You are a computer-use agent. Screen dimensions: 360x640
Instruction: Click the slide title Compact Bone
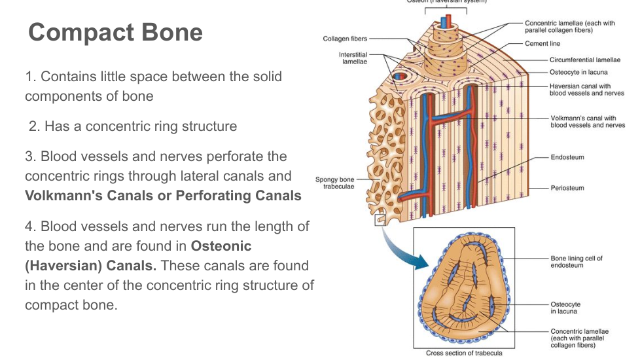pyautogui.click(x=115, y=32)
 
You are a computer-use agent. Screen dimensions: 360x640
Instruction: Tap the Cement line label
pyautogui.click(x=542, y=44)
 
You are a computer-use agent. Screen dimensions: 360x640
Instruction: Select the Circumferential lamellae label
pyautogui.click(x=584, y=60)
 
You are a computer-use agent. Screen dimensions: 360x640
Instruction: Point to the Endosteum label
pyautogui.click(x=567, y=157)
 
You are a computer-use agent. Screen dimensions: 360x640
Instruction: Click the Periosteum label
pyautogui.click(x=567, y=188)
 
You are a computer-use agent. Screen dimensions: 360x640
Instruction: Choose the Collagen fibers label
pyautogui.click(x=345, y=39)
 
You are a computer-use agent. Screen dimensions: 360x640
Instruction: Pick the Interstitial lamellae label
pyautogui.click(x=353, y=58)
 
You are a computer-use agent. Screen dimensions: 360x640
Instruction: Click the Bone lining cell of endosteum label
pyautogui.click(x=576, y=261)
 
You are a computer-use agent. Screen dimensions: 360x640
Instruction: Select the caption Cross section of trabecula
pyautogui.click(x=464, y=353)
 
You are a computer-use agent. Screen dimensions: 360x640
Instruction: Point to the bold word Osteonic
pyautogui.click(x=221, y=246)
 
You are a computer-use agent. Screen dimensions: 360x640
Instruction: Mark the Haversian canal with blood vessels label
pyautogui.click(x=587, y=90)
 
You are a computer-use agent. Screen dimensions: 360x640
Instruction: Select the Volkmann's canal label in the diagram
pyautogui.click(x=587, y=122)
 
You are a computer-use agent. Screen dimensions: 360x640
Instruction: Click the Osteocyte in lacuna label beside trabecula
pyautogui.click(x=565, y=308)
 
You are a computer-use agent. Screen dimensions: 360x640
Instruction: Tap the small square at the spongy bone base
pyautogui.click(x=379, y=221)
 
